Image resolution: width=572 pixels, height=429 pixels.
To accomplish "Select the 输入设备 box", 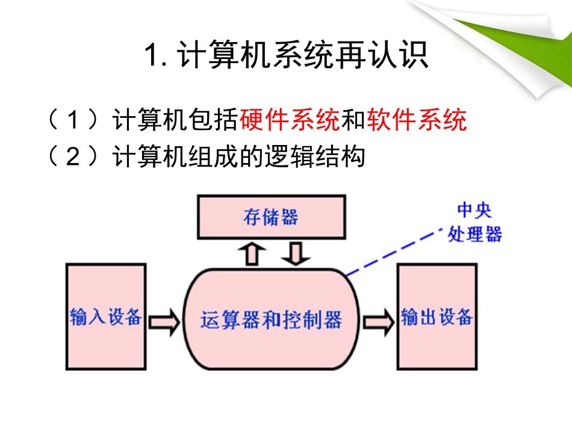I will pos(105,316).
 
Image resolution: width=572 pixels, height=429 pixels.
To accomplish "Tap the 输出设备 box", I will pos(437,316).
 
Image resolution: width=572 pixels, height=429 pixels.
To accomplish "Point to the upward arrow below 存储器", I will pos(252,253).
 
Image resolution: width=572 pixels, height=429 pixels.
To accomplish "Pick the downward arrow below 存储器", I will pos(295,253).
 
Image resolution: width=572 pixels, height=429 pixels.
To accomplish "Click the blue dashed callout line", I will pos(392,252).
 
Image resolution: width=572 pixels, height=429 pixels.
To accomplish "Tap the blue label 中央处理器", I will pos(474,222).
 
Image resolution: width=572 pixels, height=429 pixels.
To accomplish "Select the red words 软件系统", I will pos(417,120).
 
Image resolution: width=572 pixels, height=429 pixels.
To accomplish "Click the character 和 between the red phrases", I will pos(353,120).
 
